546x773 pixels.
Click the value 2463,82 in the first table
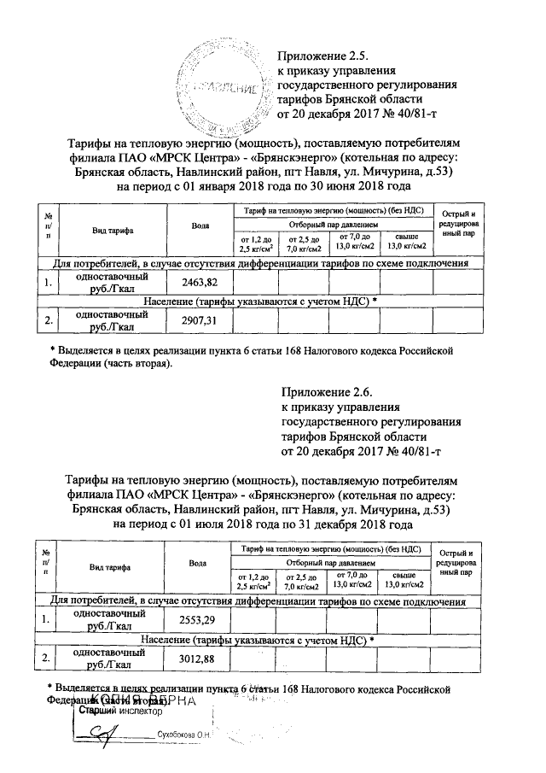pos(200,283)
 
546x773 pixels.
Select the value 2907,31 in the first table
pos(200,320)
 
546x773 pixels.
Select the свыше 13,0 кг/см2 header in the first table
pos(406,243)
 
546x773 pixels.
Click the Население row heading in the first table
pos(259,302)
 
